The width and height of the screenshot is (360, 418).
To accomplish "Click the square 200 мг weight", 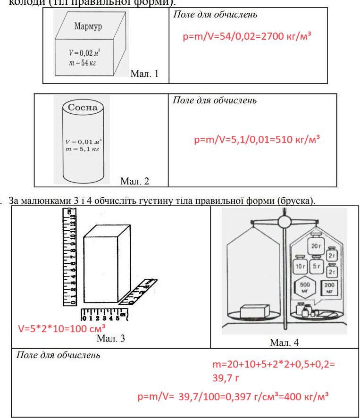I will pyautogui.click(x=330, y=288).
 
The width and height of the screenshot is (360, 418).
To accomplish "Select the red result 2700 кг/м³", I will pyautogui.click(x=287, y=37).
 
